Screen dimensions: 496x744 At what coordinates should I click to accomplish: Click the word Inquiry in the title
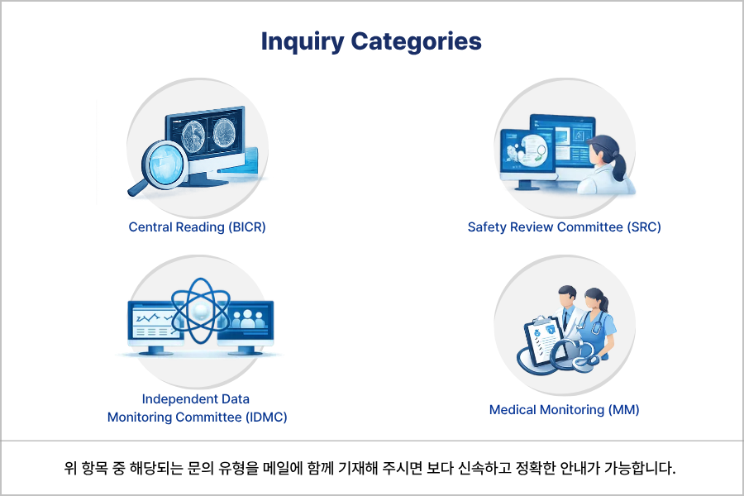(302, 41)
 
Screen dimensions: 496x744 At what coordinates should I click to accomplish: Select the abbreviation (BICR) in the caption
(247, 227)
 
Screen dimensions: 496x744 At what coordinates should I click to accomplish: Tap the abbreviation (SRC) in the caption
(644, 227)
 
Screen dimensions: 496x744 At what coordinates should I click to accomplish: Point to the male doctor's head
(567, 294)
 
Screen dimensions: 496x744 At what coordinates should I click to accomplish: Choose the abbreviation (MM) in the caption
(624, 409)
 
